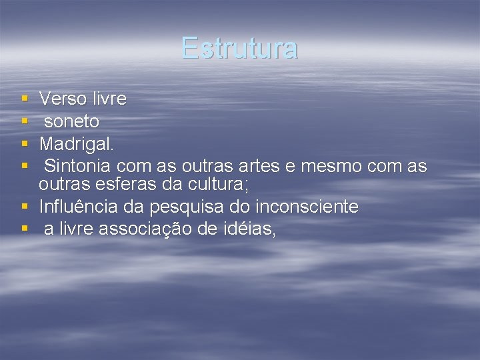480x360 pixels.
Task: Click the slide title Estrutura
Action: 239,48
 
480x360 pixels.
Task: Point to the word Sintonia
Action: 79,165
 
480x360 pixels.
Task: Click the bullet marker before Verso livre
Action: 24,99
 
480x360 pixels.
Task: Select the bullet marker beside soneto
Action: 24,121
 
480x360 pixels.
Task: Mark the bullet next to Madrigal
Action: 24,143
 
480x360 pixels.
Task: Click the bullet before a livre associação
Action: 24,229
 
